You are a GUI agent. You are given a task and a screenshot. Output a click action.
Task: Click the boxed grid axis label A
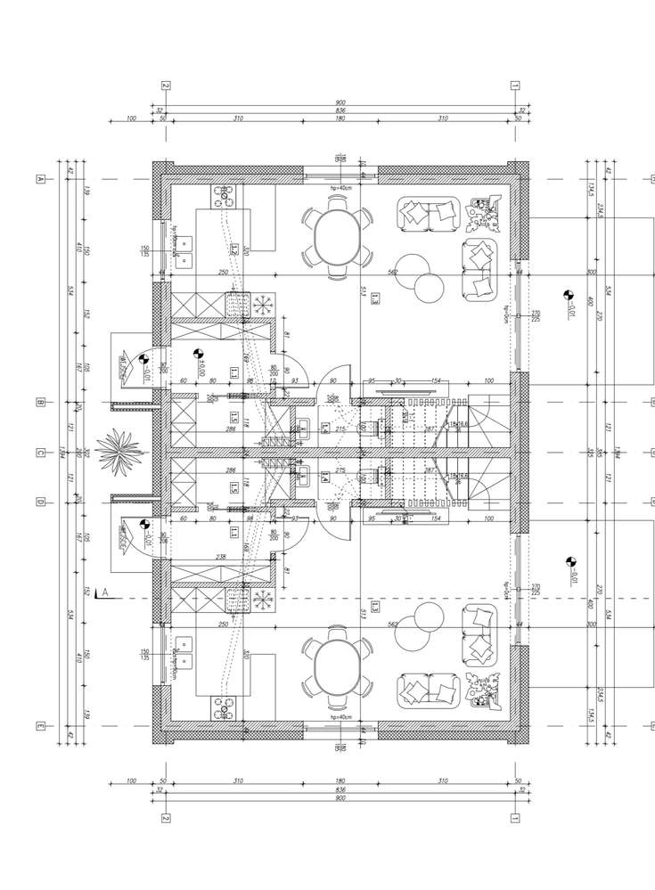point(40,179)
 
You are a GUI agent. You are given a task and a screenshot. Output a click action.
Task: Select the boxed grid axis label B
point(40,403)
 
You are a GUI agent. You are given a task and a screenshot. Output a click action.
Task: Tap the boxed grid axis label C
point(40,453)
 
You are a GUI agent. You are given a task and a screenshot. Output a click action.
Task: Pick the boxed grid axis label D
point(40,502)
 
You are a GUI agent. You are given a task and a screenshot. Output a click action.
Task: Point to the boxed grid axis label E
point(40,726)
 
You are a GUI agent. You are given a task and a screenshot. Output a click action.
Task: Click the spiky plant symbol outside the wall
point(119,451)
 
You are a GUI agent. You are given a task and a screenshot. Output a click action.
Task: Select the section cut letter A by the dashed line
point(105,592)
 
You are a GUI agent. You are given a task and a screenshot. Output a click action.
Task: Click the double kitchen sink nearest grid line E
point(184,661)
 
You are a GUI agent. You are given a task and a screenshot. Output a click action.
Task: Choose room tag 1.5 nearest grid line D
point(233,486)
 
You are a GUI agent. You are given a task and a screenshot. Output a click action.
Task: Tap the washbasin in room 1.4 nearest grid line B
point(304,427)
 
